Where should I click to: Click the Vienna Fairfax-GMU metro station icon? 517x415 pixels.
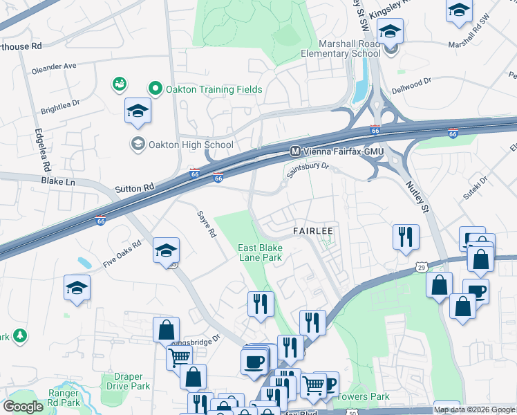click(x=295, y=151)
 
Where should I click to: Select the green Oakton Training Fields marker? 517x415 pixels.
click(x=156, y=89)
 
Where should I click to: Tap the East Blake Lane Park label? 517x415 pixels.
click(x=260, y=252)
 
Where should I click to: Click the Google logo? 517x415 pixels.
click(x=23, y=406)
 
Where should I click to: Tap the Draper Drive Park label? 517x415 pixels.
click(x=123, y=381)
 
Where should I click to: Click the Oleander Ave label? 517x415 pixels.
click(x=53, y=70)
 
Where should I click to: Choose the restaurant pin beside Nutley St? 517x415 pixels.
click(x=405, y=237)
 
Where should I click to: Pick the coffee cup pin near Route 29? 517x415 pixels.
click(x=476, y=290)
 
